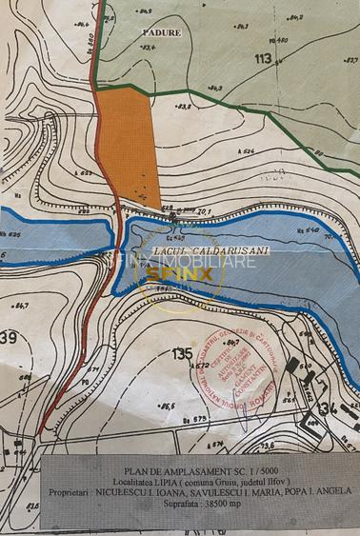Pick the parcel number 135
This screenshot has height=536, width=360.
click(x=182, y=353)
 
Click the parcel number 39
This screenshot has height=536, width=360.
click(x=10, y=337)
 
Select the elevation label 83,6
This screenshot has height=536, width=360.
click(x=184, y=107)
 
